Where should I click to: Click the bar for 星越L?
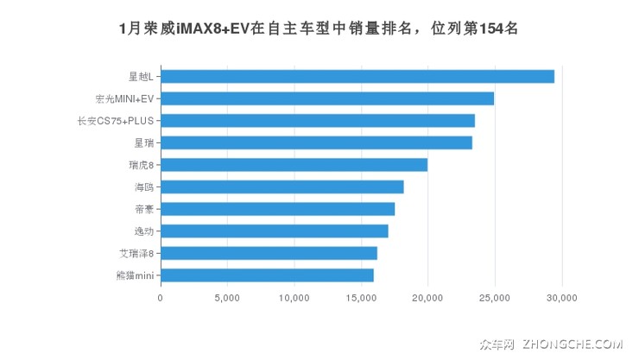coord(357,76)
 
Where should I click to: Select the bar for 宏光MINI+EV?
coord(326,98)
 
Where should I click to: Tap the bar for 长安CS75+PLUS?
coord(317,121)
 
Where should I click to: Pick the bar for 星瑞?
coord(316,142)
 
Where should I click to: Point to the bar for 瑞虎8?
coord(294,165)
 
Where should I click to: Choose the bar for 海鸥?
coord(282,186)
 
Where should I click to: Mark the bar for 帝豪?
coord(277,209)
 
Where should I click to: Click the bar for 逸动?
coord(274,231)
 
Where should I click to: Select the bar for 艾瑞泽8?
coord(269,253)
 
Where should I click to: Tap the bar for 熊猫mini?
coord(267,275)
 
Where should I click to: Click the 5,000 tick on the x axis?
coord(227,298)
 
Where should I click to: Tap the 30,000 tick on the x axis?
coord(562,298)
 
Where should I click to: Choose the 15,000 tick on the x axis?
coord(361,298)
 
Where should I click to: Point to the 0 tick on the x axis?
coord(161,298)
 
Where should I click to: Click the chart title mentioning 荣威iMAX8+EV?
coord(319,28)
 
